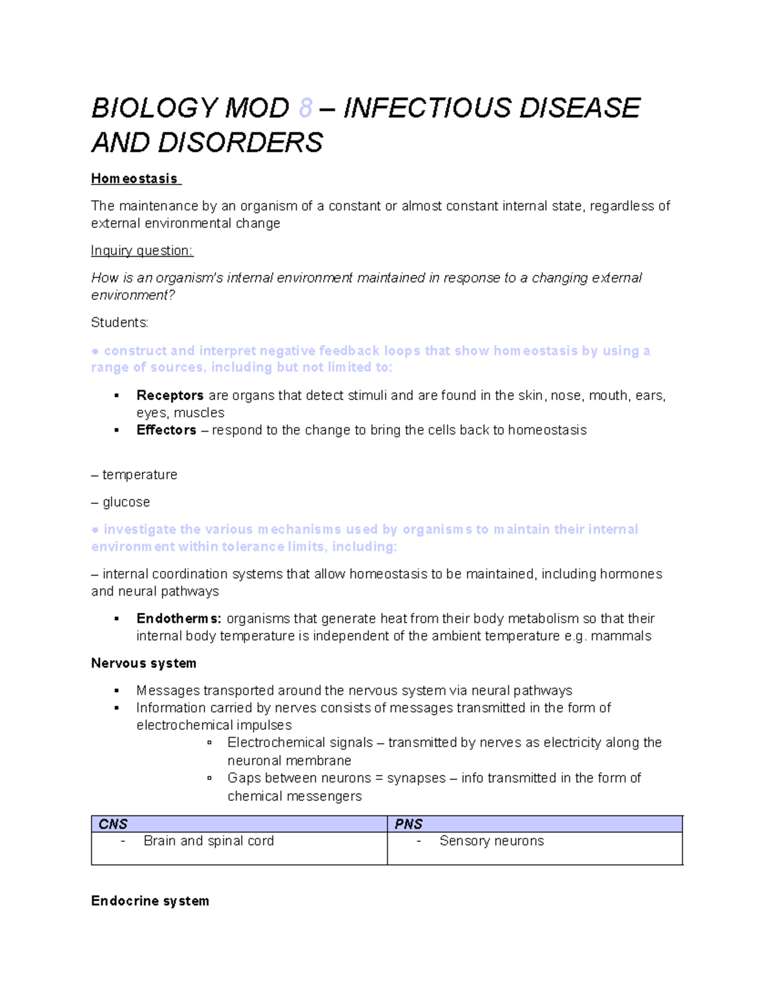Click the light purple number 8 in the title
(306, 108)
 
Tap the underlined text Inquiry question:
(142, 251)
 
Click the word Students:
(120, 323)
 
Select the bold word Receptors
(170, 396)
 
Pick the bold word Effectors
(166, 430)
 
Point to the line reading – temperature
(134, 475)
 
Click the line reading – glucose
(121, 502)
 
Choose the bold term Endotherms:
(179, 619)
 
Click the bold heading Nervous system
(144, 663)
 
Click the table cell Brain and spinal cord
(208, 841)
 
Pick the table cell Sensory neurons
(491, 841)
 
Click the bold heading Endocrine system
(150, 901)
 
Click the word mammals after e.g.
(620, 636)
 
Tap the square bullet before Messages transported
(117, 691)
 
